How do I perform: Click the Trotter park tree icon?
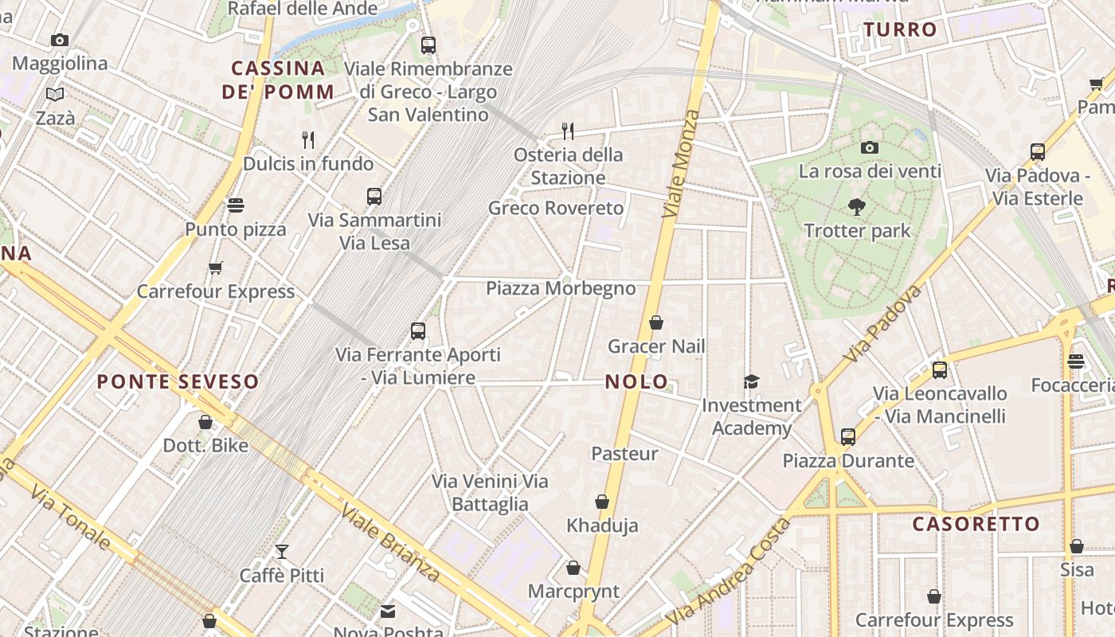857,207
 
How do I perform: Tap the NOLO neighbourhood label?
636,381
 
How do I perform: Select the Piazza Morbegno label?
561,288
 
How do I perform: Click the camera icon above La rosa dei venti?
869,147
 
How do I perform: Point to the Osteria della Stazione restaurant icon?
568,131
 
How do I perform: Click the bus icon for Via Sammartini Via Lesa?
374,196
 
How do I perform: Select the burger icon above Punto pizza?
235,205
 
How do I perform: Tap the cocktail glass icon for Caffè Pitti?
281,551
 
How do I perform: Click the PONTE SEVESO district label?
178,381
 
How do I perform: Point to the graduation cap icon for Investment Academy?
751,381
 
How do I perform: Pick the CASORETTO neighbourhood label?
976,524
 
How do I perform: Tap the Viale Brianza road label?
389,542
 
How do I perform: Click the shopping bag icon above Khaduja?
602,502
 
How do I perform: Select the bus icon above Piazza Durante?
848,436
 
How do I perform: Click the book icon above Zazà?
55,95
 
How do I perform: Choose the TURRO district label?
901,30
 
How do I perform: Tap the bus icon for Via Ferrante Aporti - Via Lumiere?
418,330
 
